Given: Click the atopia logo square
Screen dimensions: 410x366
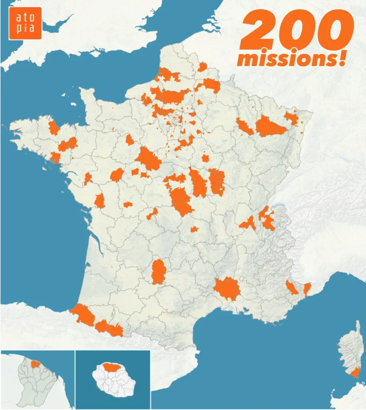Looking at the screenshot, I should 25,23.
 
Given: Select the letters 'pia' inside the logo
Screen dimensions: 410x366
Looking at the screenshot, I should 25,29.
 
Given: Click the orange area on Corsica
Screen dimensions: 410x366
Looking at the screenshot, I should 355,374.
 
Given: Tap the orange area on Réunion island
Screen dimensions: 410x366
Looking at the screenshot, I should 113,367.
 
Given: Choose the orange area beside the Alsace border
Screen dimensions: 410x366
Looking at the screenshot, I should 292,118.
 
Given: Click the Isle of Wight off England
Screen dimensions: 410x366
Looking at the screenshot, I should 97,52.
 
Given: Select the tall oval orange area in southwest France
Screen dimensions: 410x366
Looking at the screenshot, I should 159,272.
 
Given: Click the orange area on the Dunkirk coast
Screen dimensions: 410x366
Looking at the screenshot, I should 168,75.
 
